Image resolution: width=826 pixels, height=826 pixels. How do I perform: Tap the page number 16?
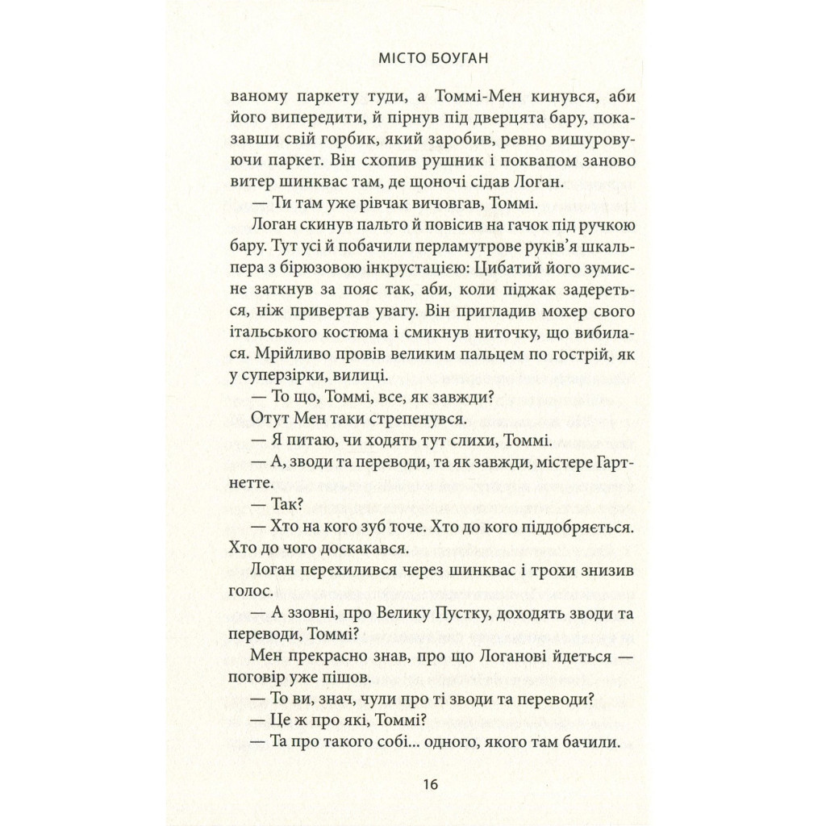tap(412, 784)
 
